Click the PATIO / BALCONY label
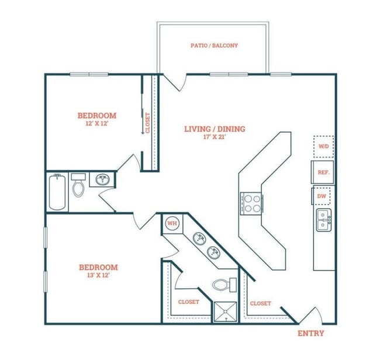pos(214,45)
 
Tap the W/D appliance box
pos(323,146)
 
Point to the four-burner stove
pos(251,203)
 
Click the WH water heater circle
pos(172,223)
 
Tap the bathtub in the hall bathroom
pos(57,191)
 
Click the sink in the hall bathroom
pos(103,179)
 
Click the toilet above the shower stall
pos(222,285)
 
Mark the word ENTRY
pos(310,333)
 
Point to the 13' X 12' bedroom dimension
pos(98,276)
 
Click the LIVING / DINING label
pos(215,129)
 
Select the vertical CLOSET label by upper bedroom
pos(148,122)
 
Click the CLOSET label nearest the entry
pos(260,303)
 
